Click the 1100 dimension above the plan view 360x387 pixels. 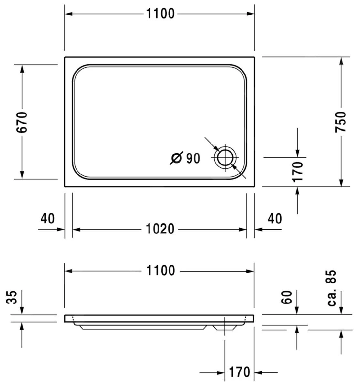pos(160,14)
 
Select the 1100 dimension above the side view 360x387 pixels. pos(160,271)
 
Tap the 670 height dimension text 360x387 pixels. pos(22,122)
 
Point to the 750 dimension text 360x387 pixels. pos(341,122)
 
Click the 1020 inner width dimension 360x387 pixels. pos(160,229)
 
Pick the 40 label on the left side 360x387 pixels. pos(48,219)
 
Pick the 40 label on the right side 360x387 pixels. pos(275,219)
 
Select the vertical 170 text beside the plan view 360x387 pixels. pos(297,172)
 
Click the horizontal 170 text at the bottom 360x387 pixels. pos(240,372)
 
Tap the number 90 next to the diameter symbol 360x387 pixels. pos(193,158)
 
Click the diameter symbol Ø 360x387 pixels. pos(177,158)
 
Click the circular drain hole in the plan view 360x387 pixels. pos(225,158)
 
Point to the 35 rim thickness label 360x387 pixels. pos(12,297)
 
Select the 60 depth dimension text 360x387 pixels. pos(287,297)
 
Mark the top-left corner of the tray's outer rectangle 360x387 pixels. pos(65,57)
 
